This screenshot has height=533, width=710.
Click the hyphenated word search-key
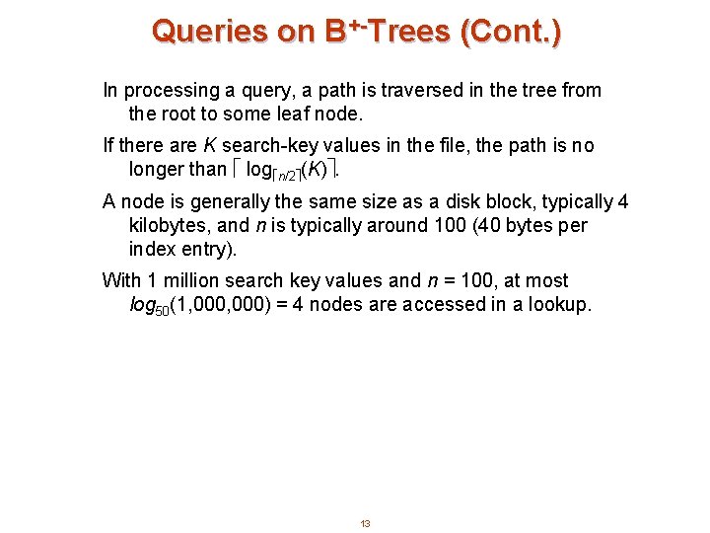point(279,146)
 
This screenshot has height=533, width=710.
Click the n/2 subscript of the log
point(285,174)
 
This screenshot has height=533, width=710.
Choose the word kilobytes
point(169,225)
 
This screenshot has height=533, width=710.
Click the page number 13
point(365,523)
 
